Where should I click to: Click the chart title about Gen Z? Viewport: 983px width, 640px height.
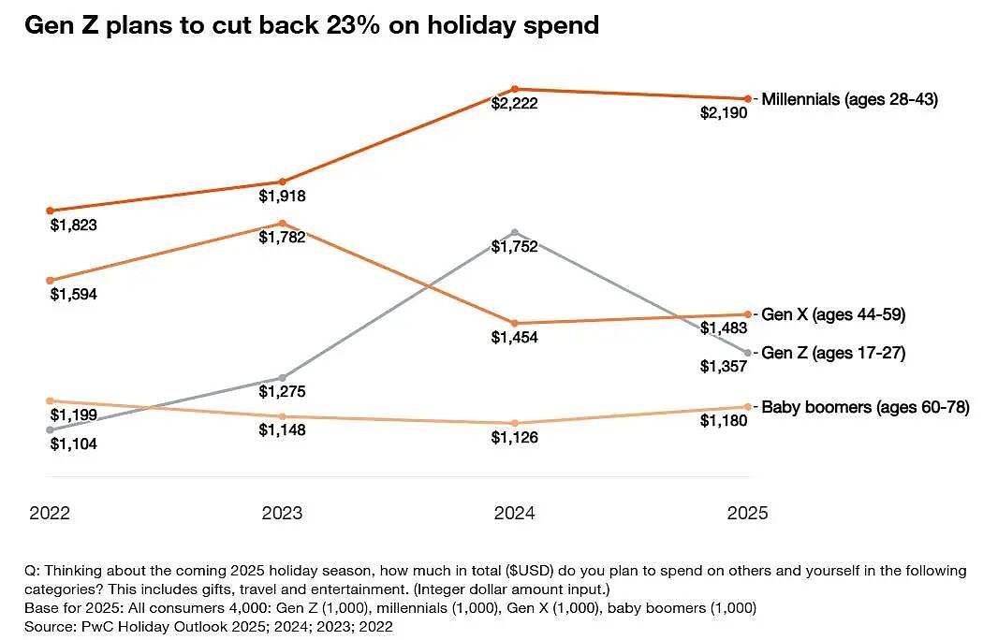click(x=312, y=25)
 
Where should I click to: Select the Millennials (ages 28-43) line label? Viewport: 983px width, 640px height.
click(x=849, y=99)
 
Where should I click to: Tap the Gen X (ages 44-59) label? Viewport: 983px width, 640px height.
click(x=833, y=314)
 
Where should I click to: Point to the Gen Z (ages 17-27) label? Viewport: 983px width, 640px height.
click(x=833, y=353)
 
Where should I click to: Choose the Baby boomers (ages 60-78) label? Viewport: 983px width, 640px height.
click(x=865, y=407)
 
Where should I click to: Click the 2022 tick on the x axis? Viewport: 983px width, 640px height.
click(x=50, y=513)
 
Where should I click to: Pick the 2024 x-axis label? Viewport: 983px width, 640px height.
click(x=514, y=513)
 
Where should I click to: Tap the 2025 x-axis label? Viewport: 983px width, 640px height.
click(x=747, y=513)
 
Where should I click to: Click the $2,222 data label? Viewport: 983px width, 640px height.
click(x=514, y=104)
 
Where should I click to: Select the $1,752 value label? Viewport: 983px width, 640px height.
click(x=514, y=247)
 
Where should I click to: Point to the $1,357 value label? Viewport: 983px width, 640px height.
click(x=724, y=366)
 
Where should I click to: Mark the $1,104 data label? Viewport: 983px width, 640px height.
click(x=73, y=444)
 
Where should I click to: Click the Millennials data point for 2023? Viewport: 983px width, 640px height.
click(x=282, y=182)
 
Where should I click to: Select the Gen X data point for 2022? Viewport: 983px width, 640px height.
click(x=51, y=280)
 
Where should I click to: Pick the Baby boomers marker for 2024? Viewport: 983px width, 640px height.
click(x=515, y=423)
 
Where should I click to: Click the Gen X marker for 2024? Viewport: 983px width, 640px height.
click(x=515, y=324)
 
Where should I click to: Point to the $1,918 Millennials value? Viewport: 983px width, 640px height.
click(x=282, y=196)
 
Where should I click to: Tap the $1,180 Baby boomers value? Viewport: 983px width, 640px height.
click(x=724, y=421)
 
